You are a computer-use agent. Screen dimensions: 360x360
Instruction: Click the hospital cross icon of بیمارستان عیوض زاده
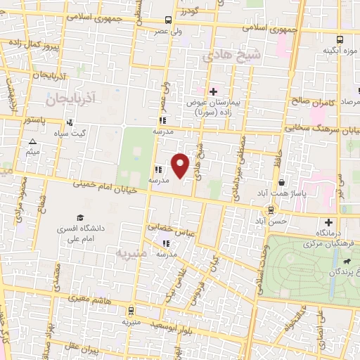click(213, 91)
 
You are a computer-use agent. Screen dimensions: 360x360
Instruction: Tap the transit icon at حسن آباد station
click(270, 210)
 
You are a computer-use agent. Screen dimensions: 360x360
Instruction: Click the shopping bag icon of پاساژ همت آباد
click(281, 183)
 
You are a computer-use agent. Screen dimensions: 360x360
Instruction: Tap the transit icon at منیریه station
click(130, 311)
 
